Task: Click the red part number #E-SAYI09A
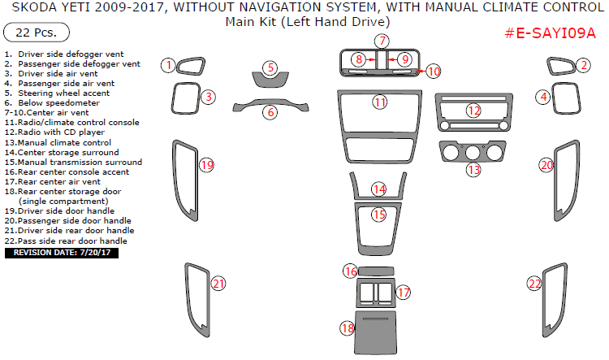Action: pyautogui.click(x=550, y=33)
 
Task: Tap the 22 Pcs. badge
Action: pyautogui.click(x=37, y=33)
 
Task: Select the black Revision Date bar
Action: pyautogui.click(x=62, y=253)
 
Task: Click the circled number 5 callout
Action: pyautogui.click(x=270, y=67)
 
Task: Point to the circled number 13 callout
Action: pyautogui.click(x=473, y=170)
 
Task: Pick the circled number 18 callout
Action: pyautogui.click(x=348, y=328)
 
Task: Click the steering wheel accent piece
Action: pyautogui.click(x=270, y=80)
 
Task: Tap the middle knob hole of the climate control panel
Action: pyautogui.click(x=473, y=153)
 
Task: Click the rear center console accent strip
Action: pyautogui.click(x=376, y=271)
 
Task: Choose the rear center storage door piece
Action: pyautogui.click(x=376, y=332)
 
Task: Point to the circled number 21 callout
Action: pyautogui.click(x=218, y=284)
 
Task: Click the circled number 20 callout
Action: pyautogui.click(x=546, y=165)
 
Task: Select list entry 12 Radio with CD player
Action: pyautogui.click(x=54, y=132)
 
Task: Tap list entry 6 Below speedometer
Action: pyautogui.click(x=52, y=103)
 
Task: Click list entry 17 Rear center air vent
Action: pyautogui.click(x=53, y=181)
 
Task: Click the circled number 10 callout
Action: pyautogui.click(x=434, y=72)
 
